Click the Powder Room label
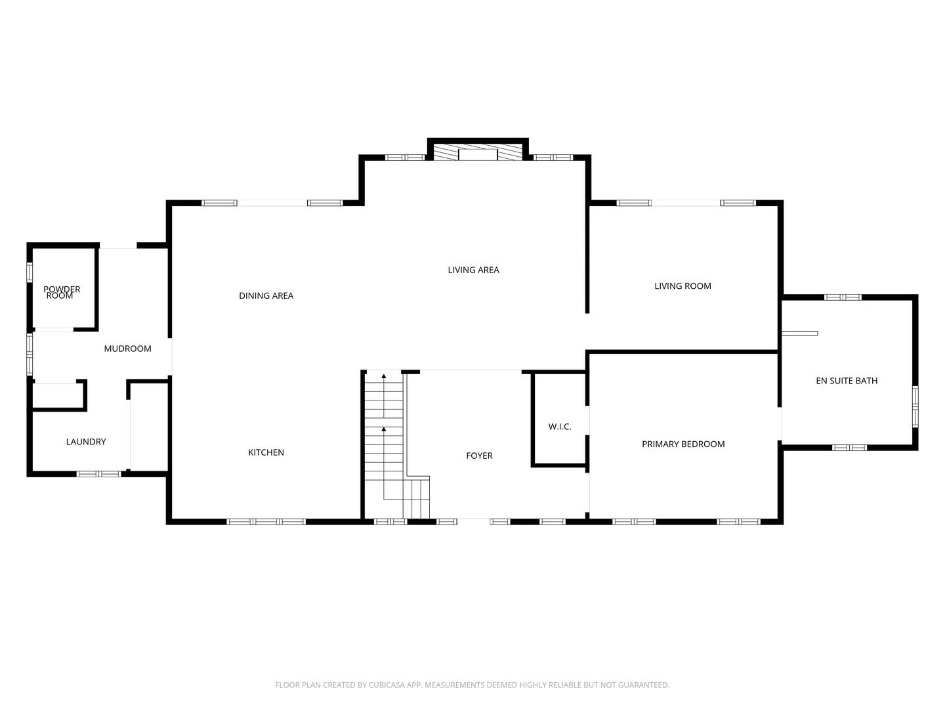(x=62, y=292)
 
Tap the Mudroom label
(x=127, y=349)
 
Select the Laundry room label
(x=86, y=442)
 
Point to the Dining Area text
(x=266, y=295)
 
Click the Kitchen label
(x=266, y=452)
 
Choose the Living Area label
(x=473, y=270)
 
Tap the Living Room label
(x=682, y=286)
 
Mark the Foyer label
(x=479, y=456)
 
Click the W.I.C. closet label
(x=560, y=427)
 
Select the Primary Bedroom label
(x=683, y=444)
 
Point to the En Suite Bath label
(x=847, y=381)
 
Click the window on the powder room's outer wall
(x=30, y=272)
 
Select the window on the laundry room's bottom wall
(x=99, y=473)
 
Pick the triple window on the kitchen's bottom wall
(x=266, y=522)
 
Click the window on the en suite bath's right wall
(x=915, y=407)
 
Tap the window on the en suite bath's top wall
(x=843, y=297)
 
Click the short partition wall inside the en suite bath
(x=799, y=333)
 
